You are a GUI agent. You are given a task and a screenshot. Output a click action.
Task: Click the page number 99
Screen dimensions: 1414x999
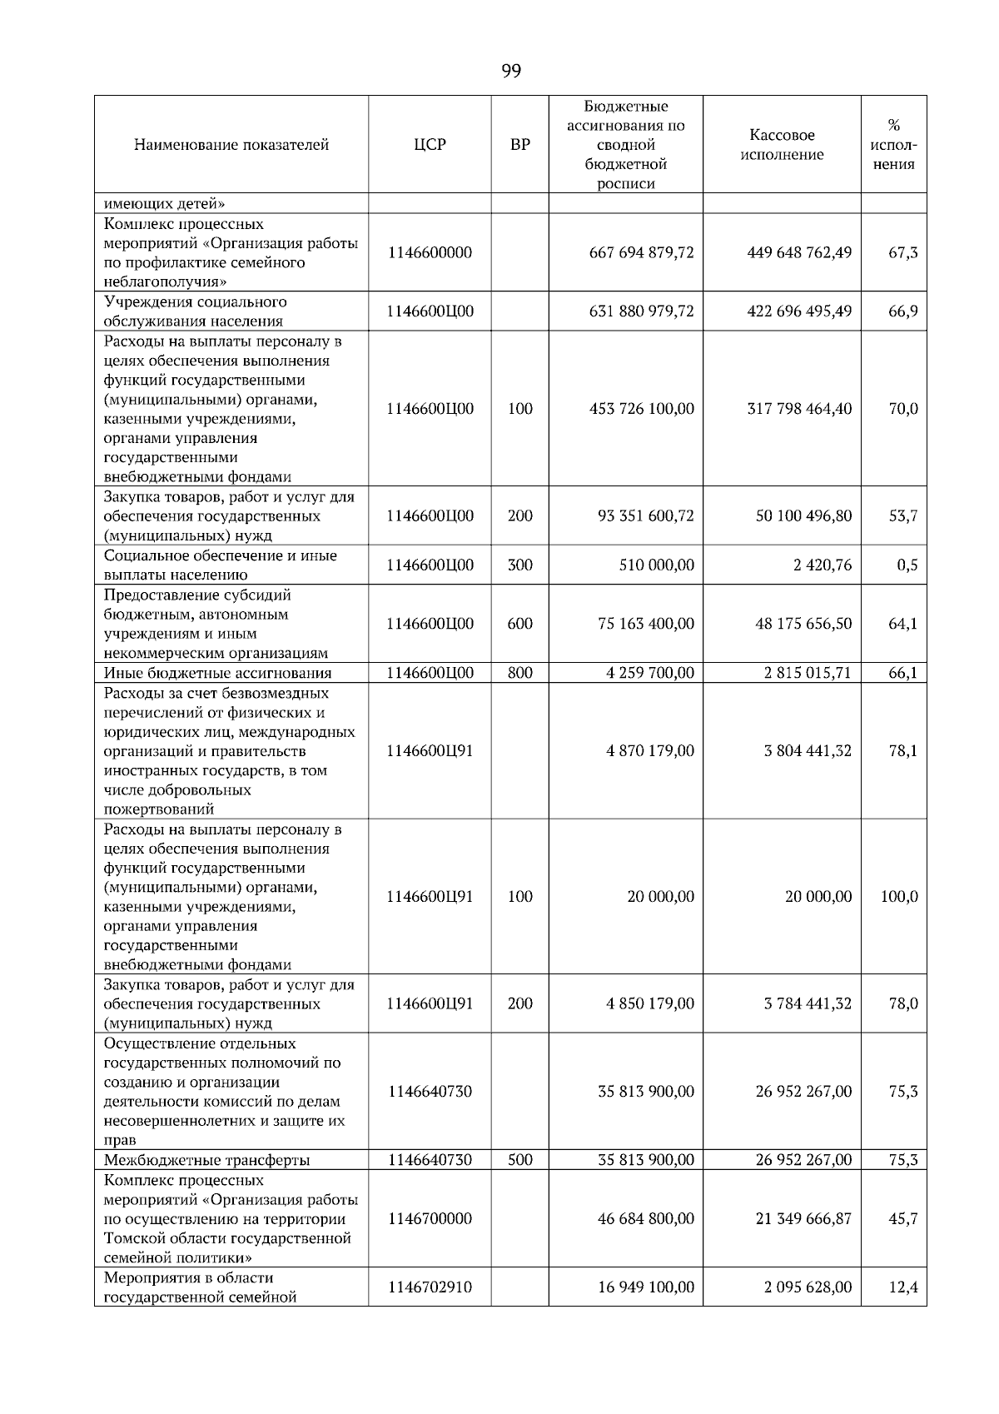pyautogui.click(x=511, y=72)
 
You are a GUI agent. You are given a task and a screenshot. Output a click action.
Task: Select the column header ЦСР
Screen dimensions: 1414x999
pyautogui.click(x=430, y=145)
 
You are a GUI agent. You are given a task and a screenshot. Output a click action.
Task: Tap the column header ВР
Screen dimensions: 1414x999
pyautogui.click(x=519, y=145)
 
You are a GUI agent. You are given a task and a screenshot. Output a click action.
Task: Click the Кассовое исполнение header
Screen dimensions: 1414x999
pyautogui.click(x=782, y=145)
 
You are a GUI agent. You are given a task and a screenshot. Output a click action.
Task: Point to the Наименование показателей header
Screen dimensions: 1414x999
pyautogui.click(x=231, y=145)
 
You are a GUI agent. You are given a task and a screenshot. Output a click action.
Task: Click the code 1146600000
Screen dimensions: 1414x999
pyautogui.click(x=430, y=252)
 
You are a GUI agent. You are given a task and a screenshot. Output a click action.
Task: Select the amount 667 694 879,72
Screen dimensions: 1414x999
pyautogui.click(x=641, y=252)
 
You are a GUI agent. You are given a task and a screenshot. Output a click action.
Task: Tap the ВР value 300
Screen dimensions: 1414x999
pyautogui.click(x=519, y=565)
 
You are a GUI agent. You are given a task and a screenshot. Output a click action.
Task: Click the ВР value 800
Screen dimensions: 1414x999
pyautogui.click(x=519, y=673)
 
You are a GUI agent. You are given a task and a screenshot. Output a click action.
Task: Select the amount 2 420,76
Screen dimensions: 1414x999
pyautogui.click(x=822, y=565)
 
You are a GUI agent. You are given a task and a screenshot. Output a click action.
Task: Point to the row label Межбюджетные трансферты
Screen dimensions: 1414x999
pyautogui.click(x=206, y=1160)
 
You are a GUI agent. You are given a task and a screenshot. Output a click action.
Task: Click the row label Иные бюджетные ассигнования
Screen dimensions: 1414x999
pyautogui.click(x=217, y=673)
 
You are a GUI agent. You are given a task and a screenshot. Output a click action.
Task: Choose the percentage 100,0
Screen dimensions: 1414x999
pyautogui.click(x=899, y=897)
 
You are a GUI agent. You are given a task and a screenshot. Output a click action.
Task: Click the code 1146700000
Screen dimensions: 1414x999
pyautogui.click(x=430, y=1219)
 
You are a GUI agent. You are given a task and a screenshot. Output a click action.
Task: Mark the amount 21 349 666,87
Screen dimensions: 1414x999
pyautogui.click(x=803, y=1219)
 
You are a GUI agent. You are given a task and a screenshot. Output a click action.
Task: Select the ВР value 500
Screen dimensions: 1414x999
pyautogui.click(x=519, y=1160)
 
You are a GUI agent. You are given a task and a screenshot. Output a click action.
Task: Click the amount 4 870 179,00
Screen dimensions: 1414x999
pyautogui.click(x=649, y=751)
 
